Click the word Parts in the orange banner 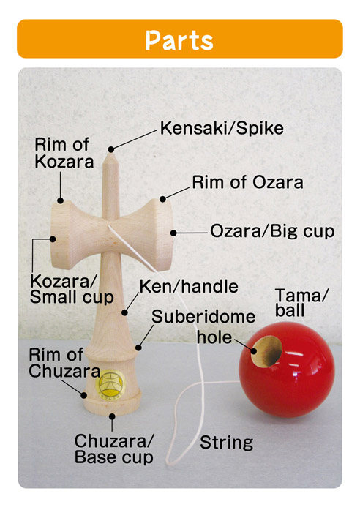pyautogui.click(x=179, y=40)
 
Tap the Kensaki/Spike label pyautogui.click(x=222, y=128)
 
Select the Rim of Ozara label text pyautogui.click(x=247, y=182)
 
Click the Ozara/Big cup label pyautogui.click(x=272, y=231)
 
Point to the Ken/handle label pyautogui.click(x=189, y=287)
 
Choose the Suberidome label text pyautogui.click(x=203, y=317)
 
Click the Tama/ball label pyautogui.click(x=301, y=303)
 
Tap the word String pyautogui.click(x=226, y=443)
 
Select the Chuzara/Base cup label pyautogui.click(x=114, y=449)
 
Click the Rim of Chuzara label pyautogui.click(x=64, y=363)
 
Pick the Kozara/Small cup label pyautogui.click(x=72, y=289)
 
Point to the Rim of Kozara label pyautogui.click(x=64, y=153)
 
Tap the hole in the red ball pyautogui.click(x=266, y=351)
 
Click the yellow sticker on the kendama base pyautogui.click(x=110, y=385)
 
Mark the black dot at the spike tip pyautogui.click(x=111, y=149)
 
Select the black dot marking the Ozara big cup pyautogui.click(x=173, y=233)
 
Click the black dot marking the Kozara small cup pyautogui.click(x=53, y=239)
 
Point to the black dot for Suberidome pyautogui.click(x=138, y=348)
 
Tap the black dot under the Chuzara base pyautogui.click(x=112, y=416)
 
